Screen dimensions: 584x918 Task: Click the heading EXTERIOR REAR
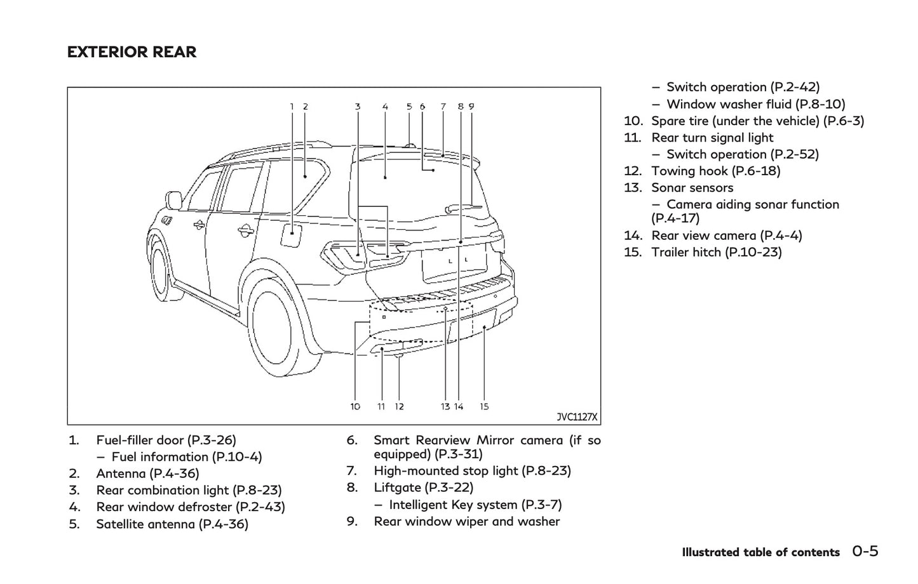pyautogui.click(x=132, y=52)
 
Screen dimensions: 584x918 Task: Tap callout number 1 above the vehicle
pyautogui.click(x=292, y=107)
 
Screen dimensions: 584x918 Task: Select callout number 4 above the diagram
pyautogui.click(x=385, y=107)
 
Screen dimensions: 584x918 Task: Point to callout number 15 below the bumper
pyautogui.click(x=484, y=406)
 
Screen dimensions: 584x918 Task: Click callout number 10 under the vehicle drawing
pyautogui.click(x=355, y=406)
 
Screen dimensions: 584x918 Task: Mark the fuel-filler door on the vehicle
pyautogui.click(x=292, y=235)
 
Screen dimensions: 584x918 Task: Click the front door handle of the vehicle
pyautogui.click(x=199, y=224)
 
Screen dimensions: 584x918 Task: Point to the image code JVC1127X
pyautogui.click(x=577, y=417)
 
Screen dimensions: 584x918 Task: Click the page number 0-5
pyautogui.click(x=865, y=552)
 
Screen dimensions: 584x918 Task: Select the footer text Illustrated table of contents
pyautogui.click(x=760, y=552)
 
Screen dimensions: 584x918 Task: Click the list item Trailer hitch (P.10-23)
pyautogui.click(x=716, y=252)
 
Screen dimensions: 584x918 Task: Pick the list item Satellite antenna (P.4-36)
pyautogui.click(x=172, y=524)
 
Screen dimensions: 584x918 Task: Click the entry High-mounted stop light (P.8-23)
pyautogui.click(x=472, y=471)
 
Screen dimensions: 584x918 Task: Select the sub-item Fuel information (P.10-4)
pyautogui.click(x=186, y=457)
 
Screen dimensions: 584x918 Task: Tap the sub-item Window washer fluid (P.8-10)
pyautogui.click(x=755, y=104)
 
